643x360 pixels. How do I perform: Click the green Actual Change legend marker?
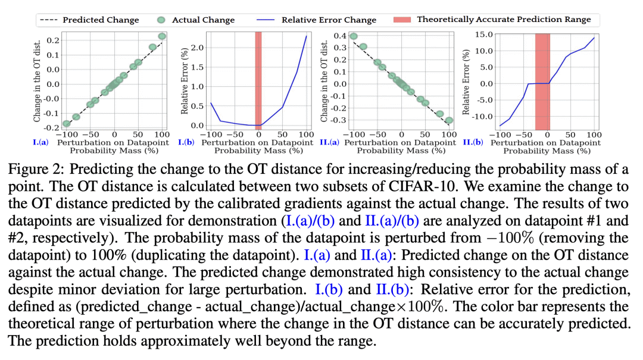[161, 20]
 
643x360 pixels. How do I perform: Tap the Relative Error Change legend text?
[329, 20]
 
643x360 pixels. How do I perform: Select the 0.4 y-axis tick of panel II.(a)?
[340, 36]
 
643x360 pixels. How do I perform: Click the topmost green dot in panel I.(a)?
[162, 37]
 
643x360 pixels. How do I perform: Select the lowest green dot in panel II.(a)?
[449, 120]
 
